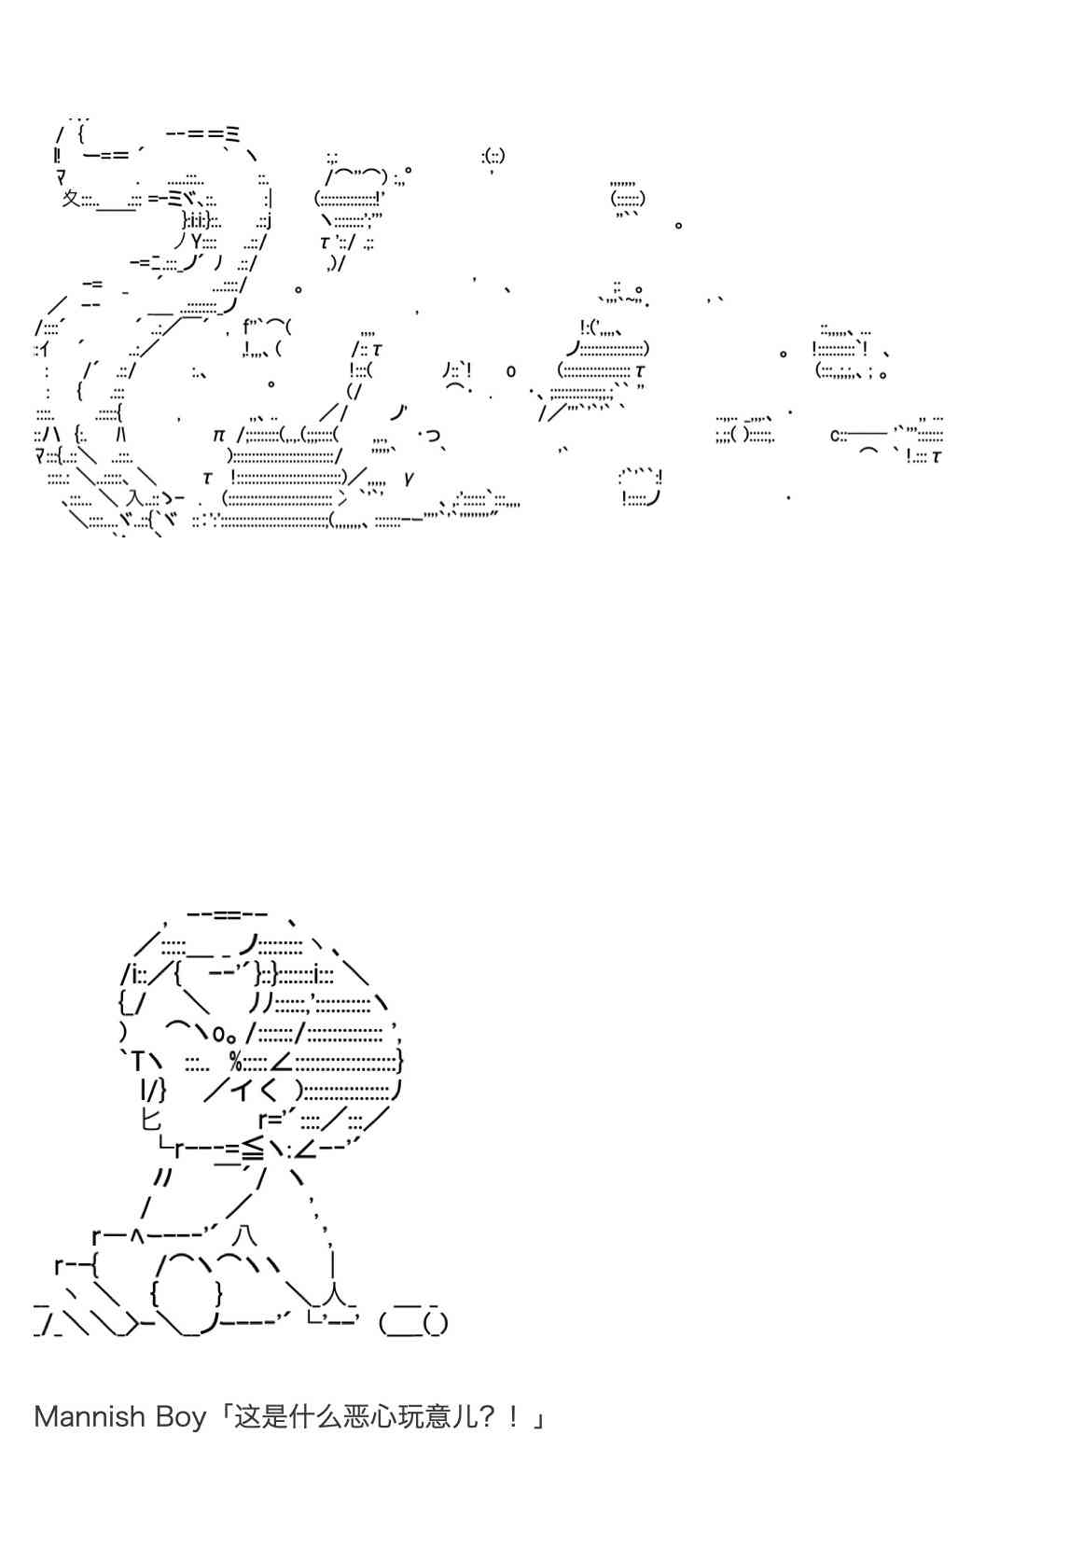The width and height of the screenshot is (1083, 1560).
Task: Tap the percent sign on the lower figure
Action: (x=235, y=1062)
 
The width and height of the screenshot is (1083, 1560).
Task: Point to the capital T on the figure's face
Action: (x=137, y=1062)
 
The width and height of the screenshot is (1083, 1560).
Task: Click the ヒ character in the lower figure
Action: (x=151, y=1120)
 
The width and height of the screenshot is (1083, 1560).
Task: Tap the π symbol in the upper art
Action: (x=218, y=436)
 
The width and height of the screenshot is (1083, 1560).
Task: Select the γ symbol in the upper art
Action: (x=409, y=479)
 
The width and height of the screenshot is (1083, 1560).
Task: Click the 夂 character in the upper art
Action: (x=70, y=199)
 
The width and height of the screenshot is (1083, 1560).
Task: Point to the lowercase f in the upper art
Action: (x=247, y=326)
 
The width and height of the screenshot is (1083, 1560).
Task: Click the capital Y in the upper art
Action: (x=197, y=242)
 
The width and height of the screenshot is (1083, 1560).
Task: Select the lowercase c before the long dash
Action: (x=834, y=436)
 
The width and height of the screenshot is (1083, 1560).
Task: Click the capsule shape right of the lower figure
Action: (x=413, y=1322)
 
